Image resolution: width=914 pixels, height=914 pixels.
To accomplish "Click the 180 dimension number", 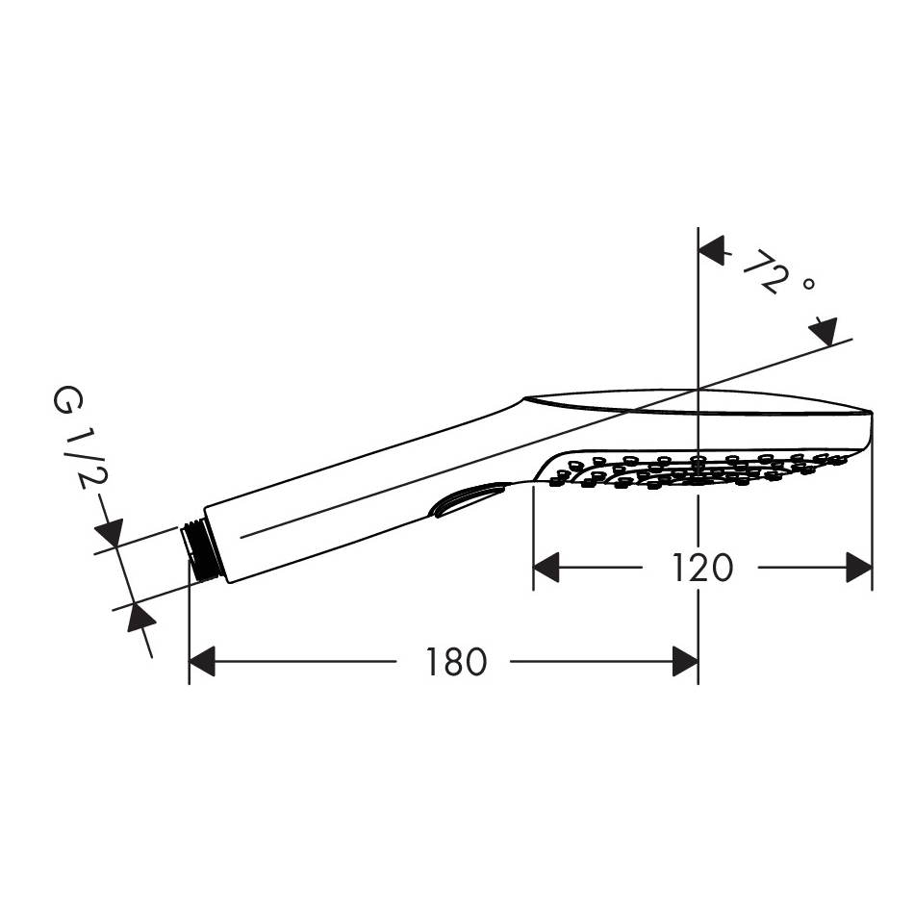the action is [x=456, y=662].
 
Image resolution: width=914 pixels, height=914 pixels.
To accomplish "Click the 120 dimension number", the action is [x=702, y=568].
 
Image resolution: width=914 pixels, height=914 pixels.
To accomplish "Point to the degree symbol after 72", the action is [x=808, y=284].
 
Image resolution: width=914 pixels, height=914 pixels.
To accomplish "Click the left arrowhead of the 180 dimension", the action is [x=202, y=661].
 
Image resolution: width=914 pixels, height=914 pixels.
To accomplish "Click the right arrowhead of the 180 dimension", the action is [x=685, y=661].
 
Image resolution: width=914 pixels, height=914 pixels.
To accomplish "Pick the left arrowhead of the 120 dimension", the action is [x=546, y=568].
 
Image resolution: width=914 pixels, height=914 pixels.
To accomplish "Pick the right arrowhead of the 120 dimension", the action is [x=859, y=568].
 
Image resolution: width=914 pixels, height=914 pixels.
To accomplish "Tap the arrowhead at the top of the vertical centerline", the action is [x=711, y=251].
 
